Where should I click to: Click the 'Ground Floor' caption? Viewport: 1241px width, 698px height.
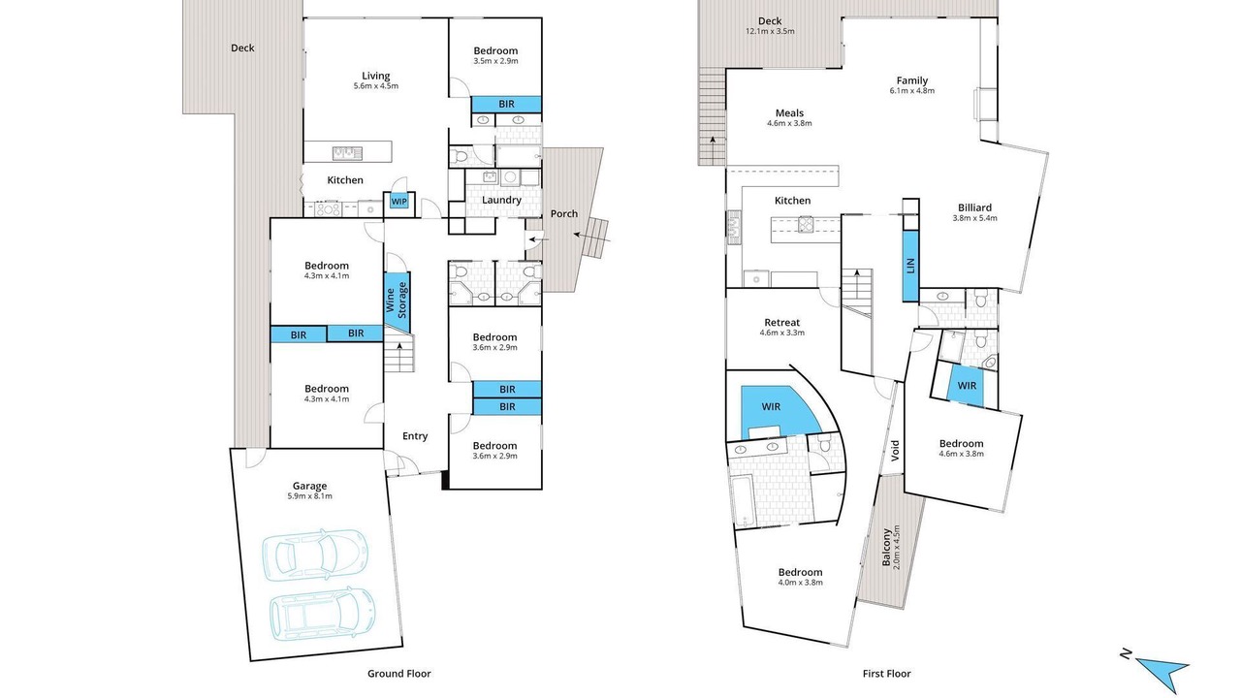pyautogui.click(x=398, y=674)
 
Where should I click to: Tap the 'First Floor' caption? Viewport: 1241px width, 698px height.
pyautogui.click(x=886, y=674)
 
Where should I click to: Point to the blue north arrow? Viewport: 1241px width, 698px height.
pyautogui.click(x=1163, y=672)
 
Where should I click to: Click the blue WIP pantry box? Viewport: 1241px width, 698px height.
pyautogui.click(x=398, y=201)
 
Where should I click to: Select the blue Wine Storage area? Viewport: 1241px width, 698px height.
pyautogui.click(x=397, y=301)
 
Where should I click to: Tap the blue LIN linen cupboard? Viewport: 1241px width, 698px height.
pyautogui.click(x=910, y=266)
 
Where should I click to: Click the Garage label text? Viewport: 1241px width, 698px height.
pyautogui.click(x=309, y=486)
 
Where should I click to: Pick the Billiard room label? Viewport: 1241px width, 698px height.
pyautogui.click(x=974, y=207)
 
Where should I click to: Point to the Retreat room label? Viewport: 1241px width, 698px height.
pyautogui.click(x=781, y=323)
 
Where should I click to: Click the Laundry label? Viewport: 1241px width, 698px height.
pyautogui.click(x=501, y=200)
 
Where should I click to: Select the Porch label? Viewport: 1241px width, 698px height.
pyautogui.click(x=564, y=213)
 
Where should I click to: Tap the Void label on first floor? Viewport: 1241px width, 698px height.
pyautogui.click(x=895, y=451)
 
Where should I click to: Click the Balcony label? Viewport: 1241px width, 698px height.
pyautogui.click(x=886, y=548)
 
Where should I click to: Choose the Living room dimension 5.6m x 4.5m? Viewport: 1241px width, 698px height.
pyautogui.click(x=375, y=86)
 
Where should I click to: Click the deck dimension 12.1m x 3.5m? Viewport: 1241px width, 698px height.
pyautogui.click(x=770, y=31)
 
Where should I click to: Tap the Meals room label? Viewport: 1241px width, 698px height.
pyautogui.click(x=789, y=113)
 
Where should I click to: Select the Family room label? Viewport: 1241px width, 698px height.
pyautogui.click(x=912, y=80)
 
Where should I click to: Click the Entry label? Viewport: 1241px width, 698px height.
pyautogui.click(x=415, y=436)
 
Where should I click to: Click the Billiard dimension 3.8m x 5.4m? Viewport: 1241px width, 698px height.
pyautogui.click(x=974, y=218)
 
